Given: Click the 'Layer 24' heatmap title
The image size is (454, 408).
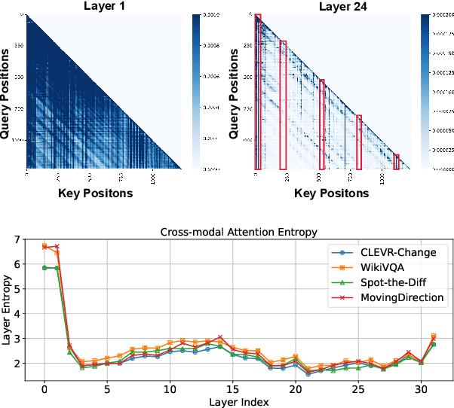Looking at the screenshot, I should tap(332, 6).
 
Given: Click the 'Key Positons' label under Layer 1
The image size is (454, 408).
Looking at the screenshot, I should tap(95, 193).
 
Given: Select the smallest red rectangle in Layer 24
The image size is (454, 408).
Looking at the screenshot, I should tap(396, 162).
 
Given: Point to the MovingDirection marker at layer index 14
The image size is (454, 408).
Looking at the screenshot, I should tap(220, 337).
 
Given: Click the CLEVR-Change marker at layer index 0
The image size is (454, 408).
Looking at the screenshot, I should tap(44, 268).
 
